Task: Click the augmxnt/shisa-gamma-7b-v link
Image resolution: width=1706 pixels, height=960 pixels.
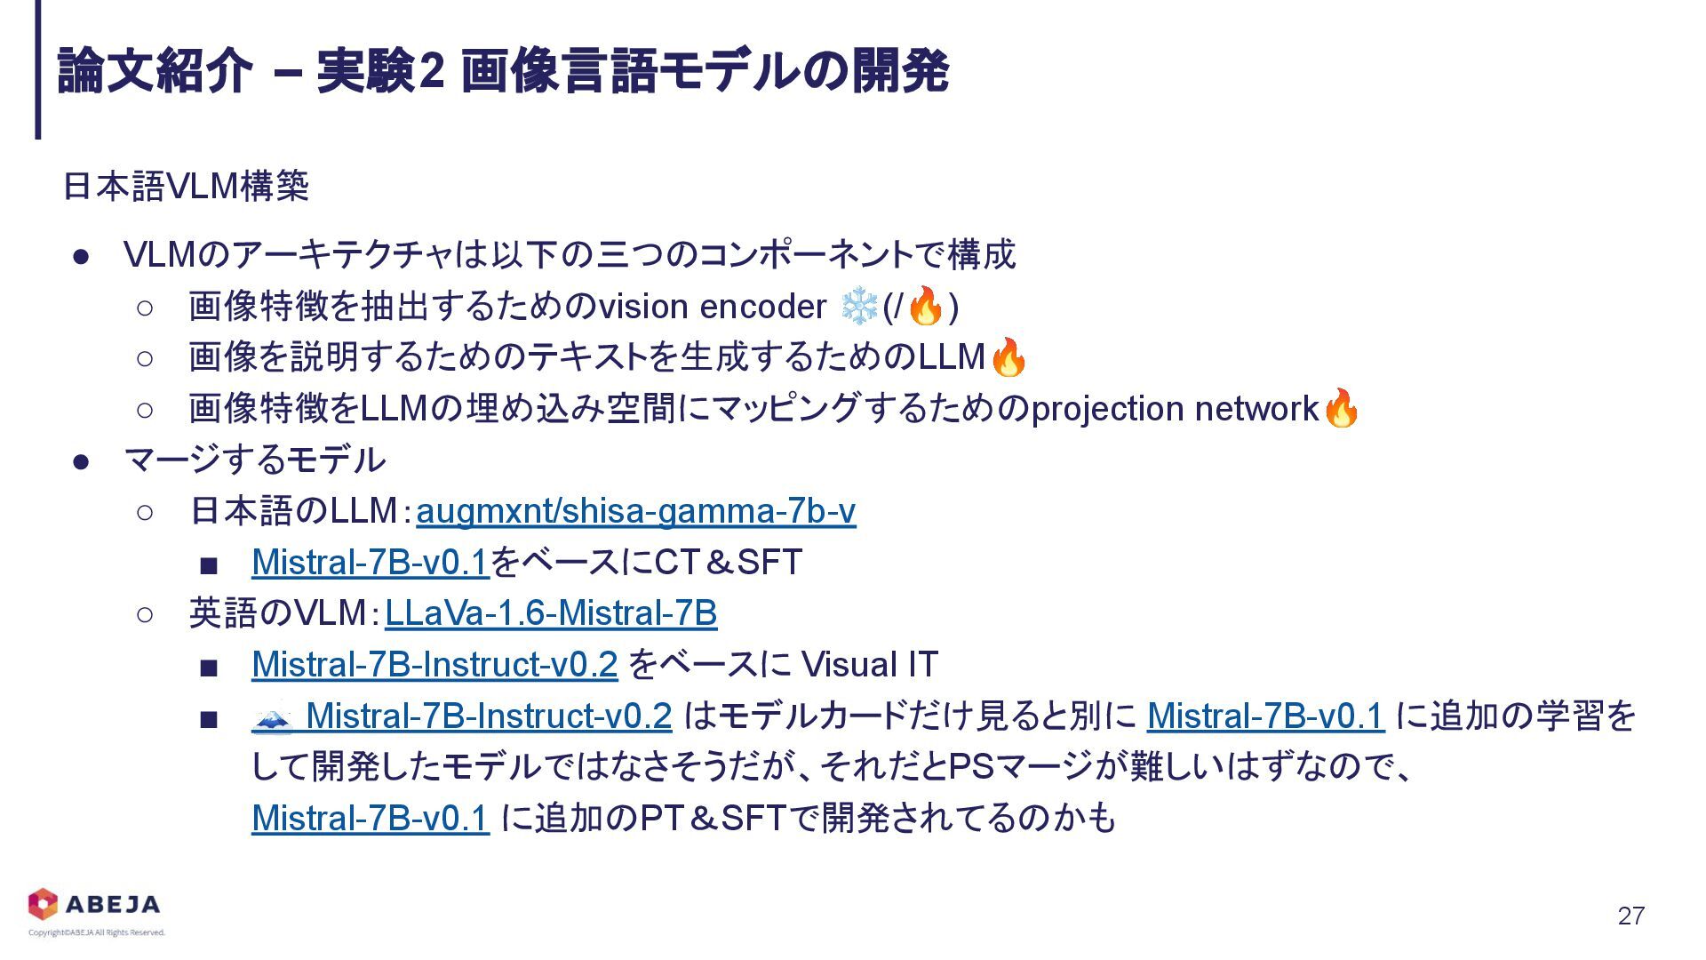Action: (x=635, y=511)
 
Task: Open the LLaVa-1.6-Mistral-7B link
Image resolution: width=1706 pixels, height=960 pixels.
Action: (x=551, y=613)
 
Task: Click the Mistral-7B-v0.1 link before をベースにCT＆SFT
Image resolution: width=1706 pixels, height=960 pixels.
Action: (x=371, y=562)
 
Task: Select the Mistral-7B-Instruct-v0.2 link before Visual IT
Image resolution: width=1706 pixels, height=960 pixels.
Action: (x=434, y=665)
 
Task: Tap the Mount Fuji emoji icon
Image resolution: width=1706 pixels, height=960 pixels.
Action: (x=272, y=716)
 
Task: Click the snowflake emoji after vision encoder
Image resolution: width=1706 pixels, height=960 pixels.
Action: (x=858, y=307)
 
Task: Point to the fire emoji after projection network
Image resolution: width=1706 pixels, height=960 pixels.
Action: (x=1341, y=408)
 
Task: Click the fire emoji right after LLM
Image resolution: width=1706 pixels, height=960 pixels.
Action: (x=1008, y=357)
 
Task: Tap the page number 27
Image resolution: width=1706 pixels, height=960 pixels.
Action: (x=1631, y=916)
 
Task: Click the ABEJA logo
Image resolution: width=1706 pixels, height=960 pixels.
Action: (x=94, y=904)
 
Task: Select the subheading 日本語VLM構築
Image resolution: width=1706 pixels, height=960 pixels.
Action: (x=186, y=187)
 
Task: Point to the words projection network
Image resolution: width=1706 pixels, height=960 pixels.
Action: (x=1175, y=409)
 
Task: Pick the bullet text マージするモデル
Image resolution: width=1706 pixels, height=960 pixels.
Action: (x=255, y=460)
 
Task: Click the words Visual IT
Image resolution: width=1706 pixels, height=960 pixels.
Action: (x=869, y=665)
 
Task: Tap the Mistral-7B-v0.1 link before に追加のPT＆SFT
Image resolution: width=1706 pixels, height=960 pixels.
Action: (x=371, y=818)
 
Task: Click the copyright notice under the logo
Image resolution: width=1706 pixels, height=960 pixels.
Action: (x=97, y=932)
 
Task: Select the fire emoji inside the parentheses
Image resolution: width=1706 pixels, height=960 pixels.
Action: (x=926, y=307)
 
